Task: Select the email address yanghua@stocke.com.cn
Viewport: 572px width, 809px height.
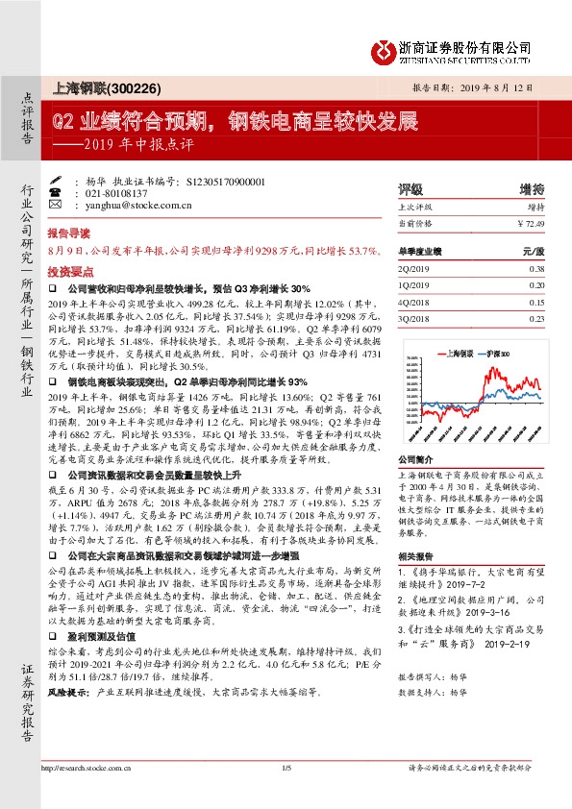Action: pyautogui.click(x=134, y=204)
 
